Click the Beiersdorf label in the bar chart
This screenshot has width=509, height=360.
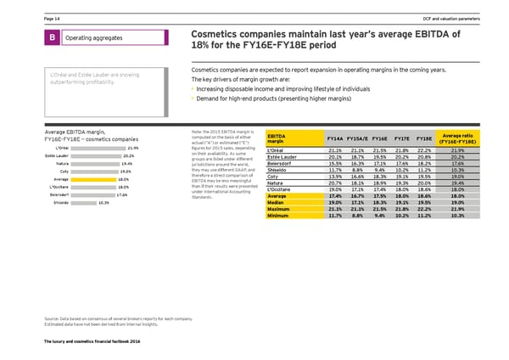[x=45, y=195]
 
